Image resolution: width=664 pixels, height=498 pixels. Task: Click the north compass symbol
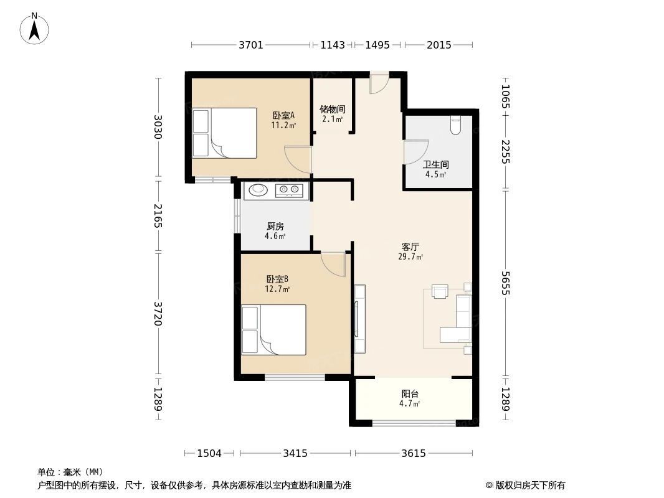pyautogui.click(x=35, y=28)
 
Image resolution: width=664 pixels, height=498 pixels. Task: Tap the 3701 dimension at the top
pyautogui.click(x=251, y=45)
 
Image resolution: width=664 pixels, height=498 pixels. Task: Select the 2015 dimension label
pyautogui.click(x=439, y=45)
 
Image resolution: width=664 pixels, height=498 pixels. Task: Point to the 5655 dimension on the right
pyautogui.click(x=505, y=282)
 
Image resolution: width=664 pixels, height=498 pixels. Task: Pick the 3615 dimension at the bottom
pyautogui.click(x=413, y=453)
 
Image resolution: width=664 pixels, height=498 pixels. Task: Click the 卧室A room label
pyautogui.click(x=283, y=116)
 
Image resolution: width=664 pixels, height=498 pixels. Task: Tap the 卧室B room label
pyautogui.click(x=277, y=280)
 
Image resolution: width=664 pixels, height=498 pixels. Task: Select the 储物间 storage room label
pyautogui.click(x=333, y=110)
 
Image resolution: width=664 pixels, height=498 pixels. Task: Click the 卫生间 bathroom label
pyautogui.click(x=436, y=166)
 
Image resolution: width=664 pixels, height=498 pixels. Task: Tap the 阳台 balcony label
pyautogui.click(x=409, y=394)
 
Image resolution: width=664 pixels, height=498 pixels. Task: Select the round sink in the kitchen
pyautogui.click(x=257, y=190)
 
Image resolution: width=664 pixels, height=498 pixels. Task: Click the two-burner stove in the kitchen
pyautogui.click(x=289, y=190)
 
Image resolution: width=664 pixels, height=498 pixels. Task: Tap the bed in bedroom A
pyautogui.click(x=224, y=133)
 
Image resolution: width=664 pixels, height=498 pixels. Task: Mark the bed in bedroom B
pyautogui.click(x=273, y=329)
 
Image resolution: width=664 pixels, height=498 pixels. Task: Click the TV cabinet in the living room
pyautogui.click(x=359, y=319)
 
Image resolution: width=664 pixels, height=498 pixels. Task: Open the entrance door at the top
pyautogui.click(x=378, y=83)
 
